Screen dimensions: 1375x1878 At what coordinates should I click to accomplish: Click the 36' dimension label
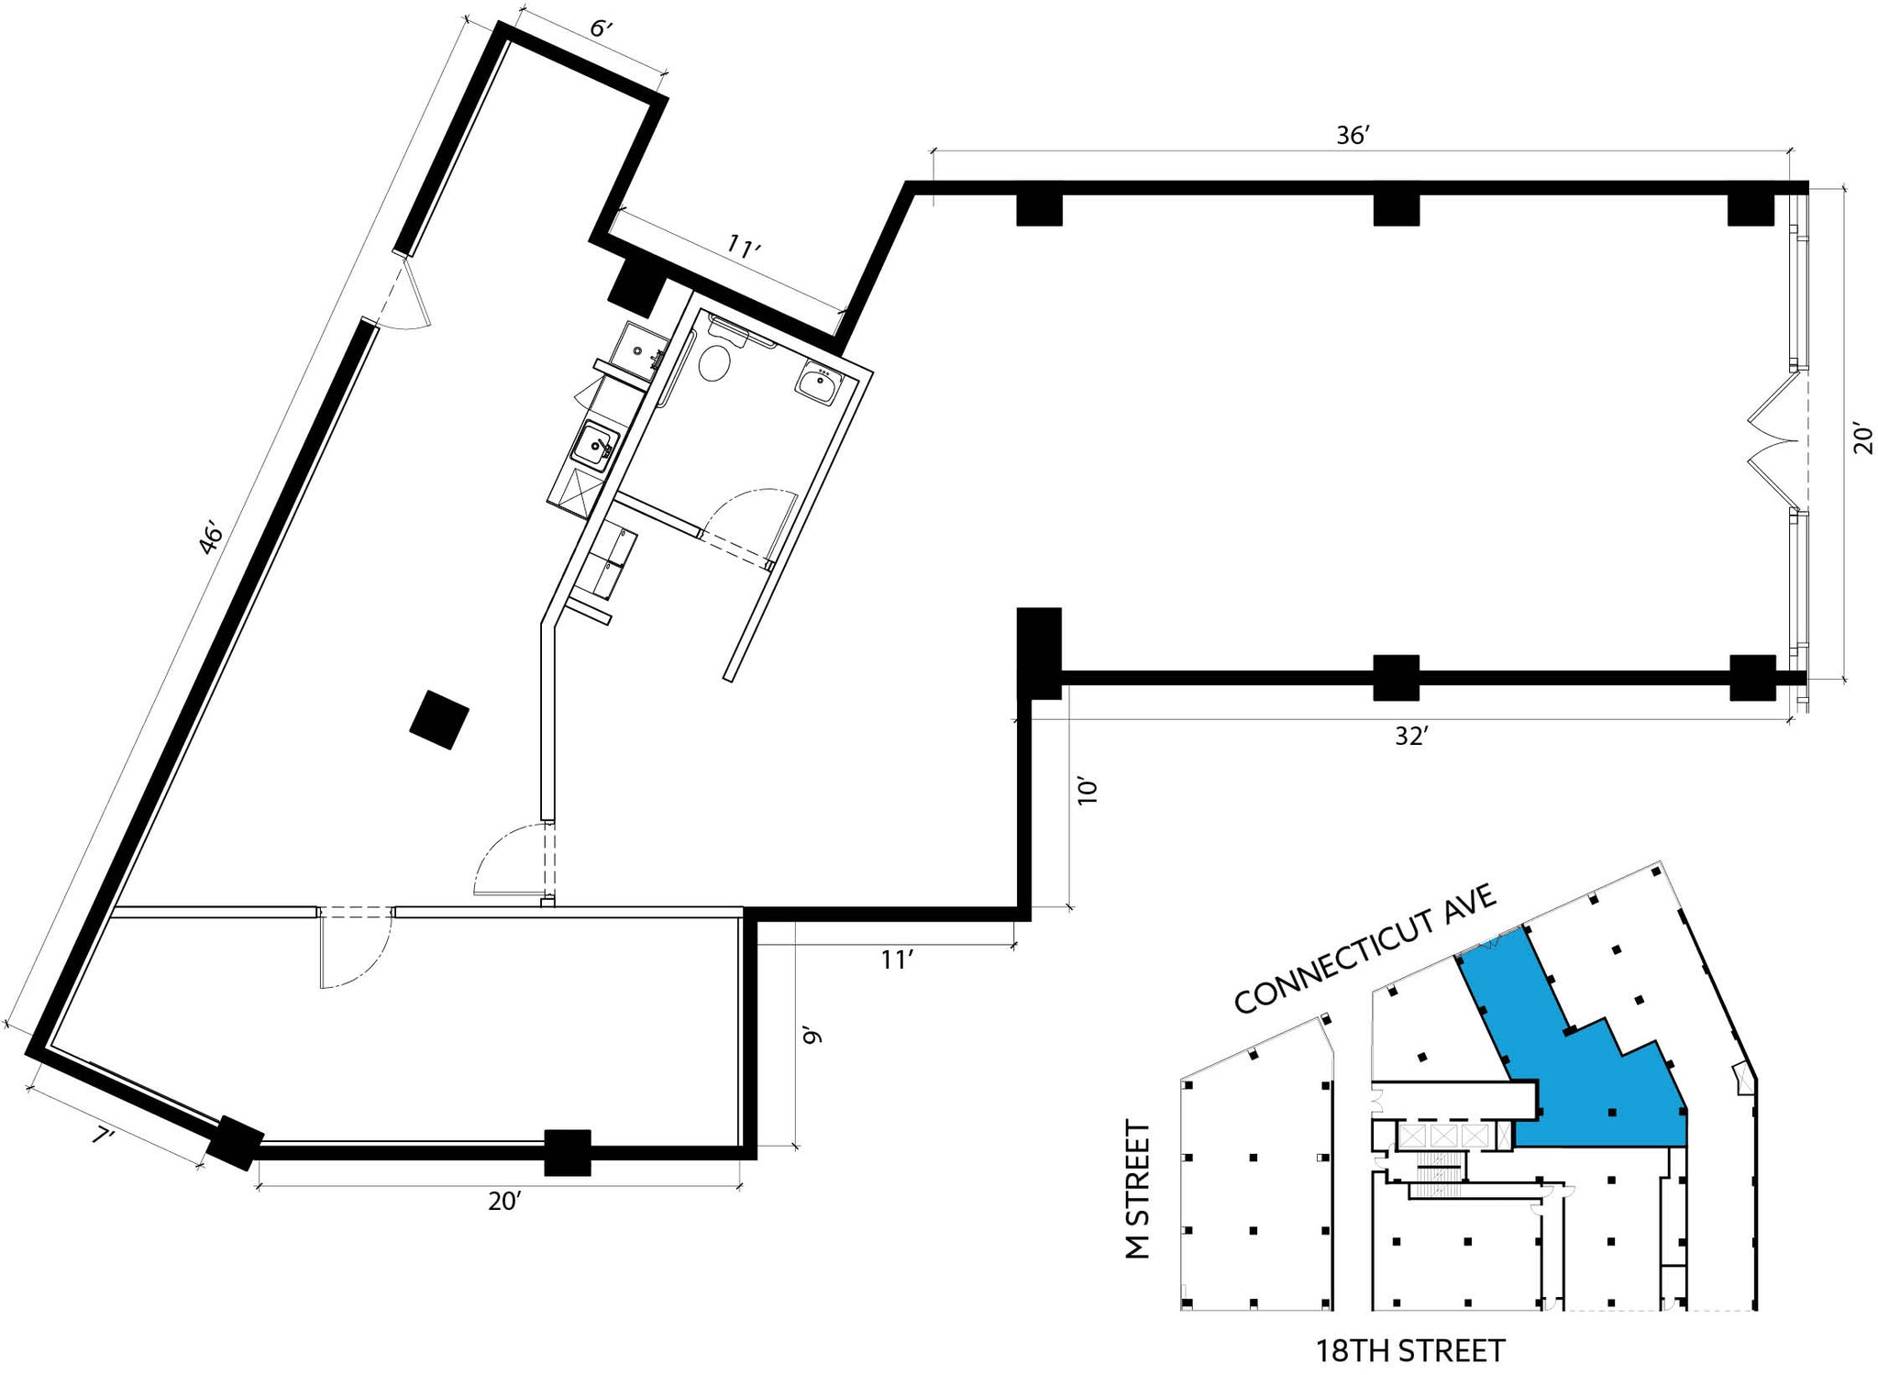coord(1353,136)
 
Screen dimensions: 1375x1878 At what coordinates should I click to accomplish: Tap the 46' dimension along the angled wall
coord(210,539)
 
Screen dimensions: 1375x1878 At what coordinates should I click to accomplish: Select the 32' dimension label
coord(1411,736)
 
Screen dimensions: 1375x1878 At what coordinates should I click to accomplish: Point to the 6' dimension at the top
coord(600,29)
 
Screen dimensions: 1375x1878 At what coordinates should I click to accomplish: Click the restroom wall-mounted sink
coord(817,383)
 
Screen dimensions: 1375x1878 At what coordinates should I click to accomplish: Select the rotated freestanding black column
coord(439,720)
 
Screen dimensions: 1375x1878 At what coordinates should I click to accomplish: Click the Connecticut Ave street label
coord(1364,948)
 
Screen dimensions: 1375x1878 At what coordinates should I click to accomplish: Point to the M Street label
coord(1138,1190)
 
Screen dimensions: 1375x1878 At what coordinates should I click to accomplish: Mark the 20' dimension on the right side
coord(1861,438)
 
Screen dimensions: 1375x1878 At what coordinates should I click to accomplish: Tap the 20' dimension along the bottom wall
coord(503,1201)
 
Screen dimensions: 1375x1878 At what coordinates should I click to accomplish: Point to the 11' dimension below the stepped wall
coord(896,959)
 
